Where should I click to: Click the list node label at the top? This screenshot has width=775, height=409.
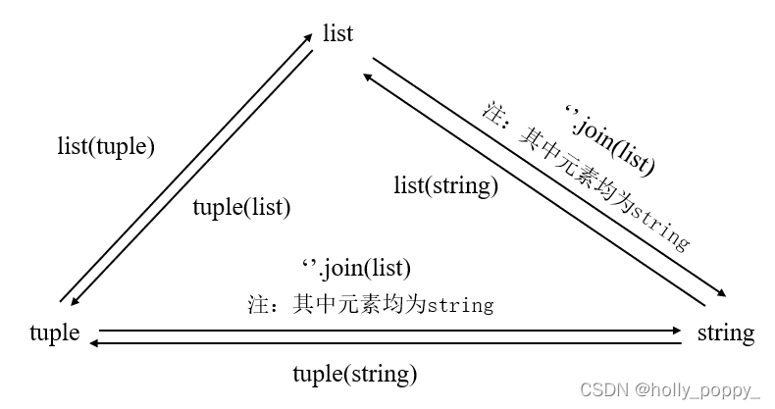coord(337,33)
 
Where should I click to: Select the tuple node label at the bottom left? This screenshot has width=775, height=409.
coord(55,333)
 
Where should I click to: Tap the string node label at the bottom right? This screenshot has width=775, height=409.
coord(725,333)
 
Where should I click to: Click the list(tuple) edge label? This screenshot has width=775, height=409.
coord(107,147)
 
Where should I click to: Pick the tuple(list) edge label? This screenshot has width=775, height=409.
coord(241,207)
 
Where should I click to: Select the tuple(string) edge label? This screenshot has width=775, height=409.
coord(355,374)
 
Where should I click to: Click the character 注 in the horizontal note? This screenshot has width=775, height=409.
coord(257,305)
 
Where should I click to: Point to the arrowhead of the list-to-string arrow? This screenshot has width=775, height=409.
coord(721,293)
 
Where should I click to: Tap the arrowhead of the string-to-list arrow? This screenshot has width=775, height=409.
coord(366,76)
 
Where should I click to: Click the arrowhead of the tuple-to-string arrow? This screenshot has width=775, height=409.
coord(678,332)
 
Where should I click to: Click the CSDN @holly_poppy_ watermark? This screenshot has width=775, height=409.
coord(669,390)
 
